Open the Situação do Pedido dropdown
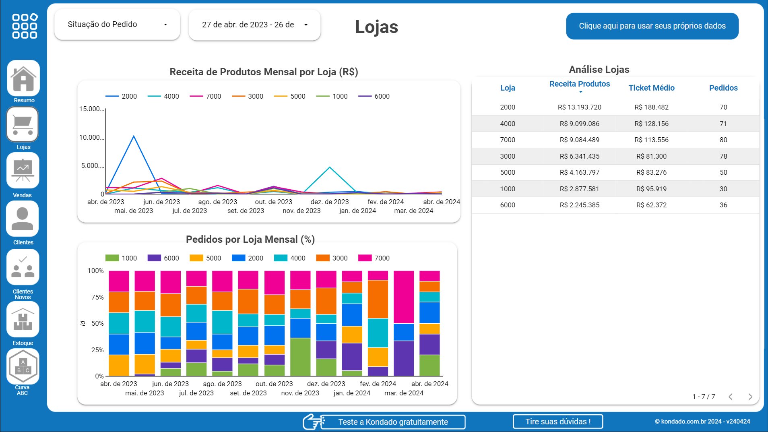pyautogui.click(x=117, y=25)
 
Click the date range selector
pyautogui.click(x=254, y=25)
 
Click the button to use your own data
pyautogui.click(x=652, y=26)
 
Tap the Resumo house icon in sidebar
pyautogui.click(x=23, y=79)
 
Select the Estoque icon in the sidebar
pyautogui.click(x=23, y=320)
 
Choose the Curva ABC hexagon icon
pyautogui.click(x=23, y=366)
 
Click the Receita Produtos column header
pyautogui.click(x=579, y=84)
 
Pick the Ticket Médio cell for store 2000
pyautogui.click(x=651, y=107)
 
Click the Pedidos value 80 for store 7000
pyautogui.click(x=723, y=140)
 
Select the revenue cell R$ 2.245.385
pyautogui.click(x=579, y=205)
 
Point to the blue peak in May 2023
pyautogui.click(x=134, y=136)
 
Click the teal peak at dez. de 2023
pyautogui.click(x=330, y=167)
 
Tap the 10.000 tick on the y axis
pyautogui.click(x=91, y=138)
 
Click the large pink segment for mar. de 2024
pyautogui.click(x=404, y=297)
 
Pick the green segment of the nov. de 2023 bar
pyautogui.click(x=300, y=357)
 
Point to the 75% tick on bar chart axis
pyautogui.click(x=97, y=298)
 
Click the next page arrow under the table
pyautogui.click(x=750, y=397)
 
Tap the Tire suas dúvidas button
pyautogui.click(x=557, y=422)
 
